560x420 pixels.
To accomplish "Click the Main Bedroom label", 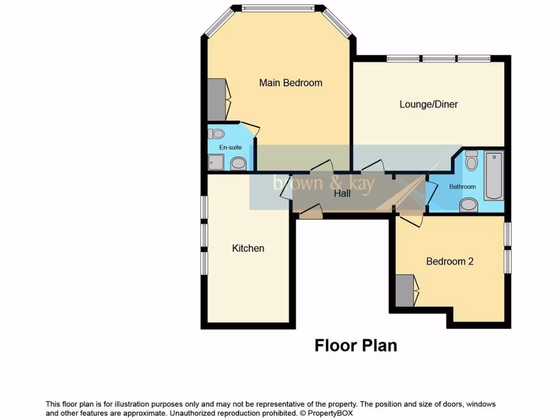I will [x=290, y=83].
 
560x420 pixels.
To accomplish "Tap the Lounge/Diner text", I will [x=428, y=104].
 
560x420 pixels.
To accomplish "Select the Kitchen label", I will [x=248, y=248].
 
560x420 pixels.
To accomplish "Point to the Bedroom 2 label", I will [x=450, y=261].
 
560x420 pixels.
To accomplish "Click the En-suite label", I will [x=230, y=147].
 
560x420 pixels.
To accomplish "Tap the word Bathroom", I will [x=462, y=186].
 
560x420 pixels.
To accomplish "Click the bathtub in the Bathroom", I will [x=493, y=176].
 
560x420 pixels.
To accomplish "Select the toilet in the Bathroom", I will [x=471, y=161].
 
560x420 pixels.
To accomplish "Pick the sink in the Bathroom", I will [x=468, y=205].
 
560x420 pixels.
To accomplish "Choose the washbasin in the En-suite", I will [x=238, y=163].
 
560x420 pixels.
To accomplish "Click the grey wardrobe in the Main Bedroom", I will [x=217, y=100].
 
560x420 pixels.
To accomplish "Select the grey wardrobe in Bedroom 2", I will [x=405, y=290].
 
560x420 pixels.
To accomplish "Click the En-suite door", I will [x=251, y=130].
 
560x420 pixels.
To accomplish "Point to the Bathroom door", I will [x=432, y=191].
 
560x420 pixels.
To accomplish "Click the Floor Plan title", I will [x=355, y=346].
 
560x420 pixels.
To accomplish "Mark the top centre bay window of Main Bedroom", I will [x=278, y=8].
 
